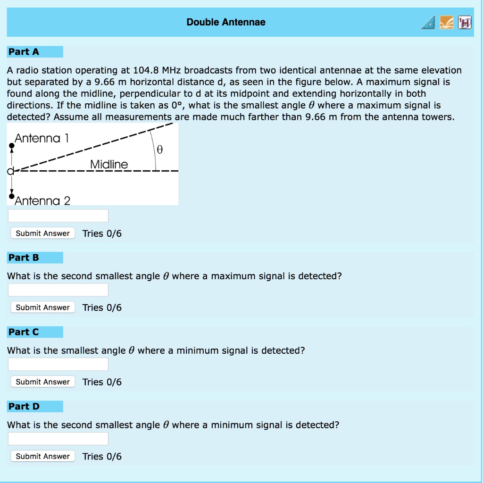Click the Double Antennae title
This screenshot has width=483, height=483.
point(226,22)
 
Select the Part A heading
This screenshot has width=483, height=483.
point(24,51)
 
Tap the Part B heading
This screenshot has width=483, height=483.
point(24,258)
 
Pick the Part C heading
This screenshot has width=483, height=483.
point(24,332)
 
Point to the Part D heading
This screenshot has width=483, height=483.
point(24,407)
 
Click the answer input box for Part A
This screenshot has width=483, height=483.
point(58,216)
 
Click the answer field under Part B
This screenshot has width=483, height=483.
point(58,290)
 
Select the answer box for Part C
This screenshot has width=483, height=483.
point(58,365)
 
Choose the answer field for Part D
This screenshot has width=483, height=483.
point(58,439)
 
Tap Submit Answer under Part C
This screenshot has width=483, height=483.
point(42,382)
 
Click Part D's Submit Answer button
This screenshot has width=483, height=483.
point(42,456)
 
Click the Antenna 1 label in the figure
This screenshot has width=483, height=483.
point(42,138)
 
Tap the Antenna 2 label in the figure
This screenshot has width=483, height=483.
point(42,201)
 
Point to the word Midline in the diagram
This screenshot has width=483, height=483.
point(108,164)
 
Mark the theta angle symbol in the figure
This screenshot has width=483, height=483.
point(159,150)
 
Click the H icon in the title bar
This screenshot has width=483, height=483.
point(464,22)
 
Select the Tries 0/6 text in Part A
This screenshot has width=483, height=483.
point(102,233)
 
